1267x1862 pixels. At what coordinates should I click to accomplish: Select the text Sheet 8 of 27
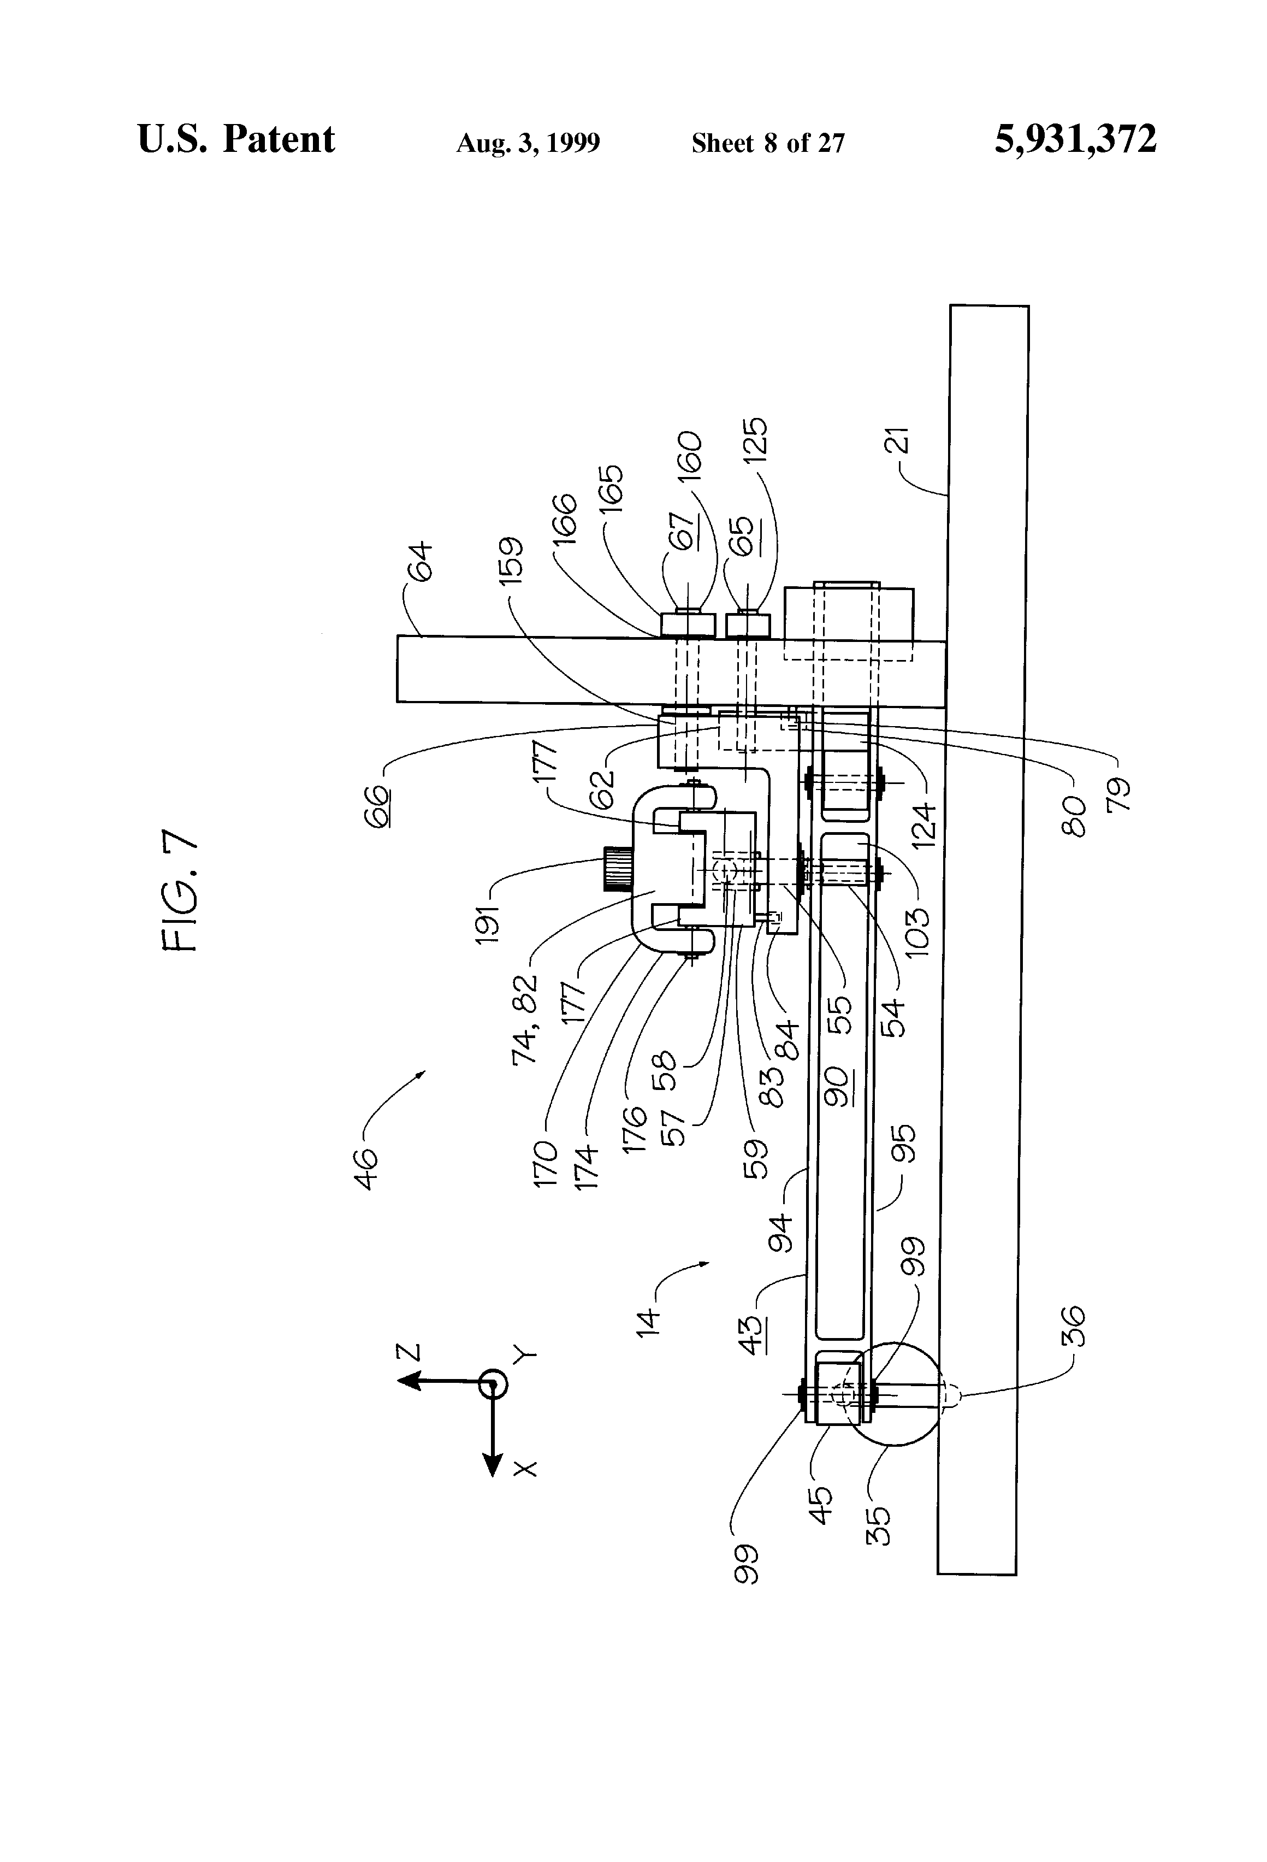click(768, 143)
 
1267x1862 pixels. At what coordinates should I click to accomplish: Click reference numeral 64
click(419, 561)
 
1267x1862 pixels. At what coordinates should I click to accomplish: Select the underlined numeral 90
click(838, 1086)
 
